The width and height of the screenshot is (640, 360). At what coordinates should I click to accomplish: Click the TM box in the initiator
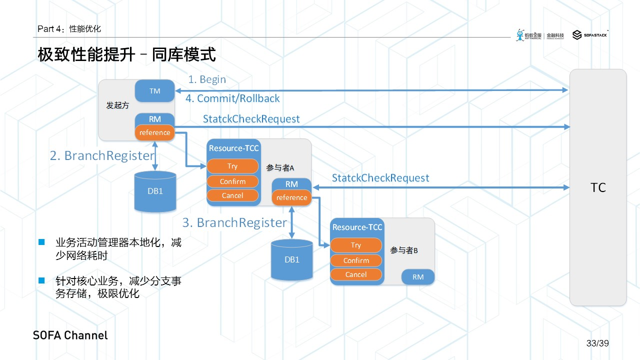point(154,91)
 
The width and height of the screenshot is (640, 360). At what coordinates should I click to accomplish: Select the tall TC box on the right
point(598,187)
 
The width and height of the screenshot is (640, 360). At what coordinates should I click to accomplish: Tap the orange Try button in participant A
point(232,166)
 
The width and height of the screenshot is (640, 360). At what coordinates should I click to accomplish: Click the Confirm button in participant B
point(356,260)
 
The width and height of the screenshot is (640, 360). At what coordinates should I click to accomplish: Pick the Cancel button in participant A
point(232,195)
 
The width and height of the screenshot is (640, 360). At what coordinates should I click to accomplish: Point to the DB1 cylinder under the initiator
point(155,191)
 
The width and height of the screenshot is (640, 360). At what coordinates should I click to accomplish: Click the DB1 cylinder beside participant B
point(291,259)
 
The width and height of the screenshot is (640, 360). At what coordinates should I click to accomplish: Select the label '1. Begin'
point(207,79)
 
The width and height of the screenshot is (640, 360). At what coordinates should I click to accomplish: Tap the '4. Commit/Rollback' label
point(232,98)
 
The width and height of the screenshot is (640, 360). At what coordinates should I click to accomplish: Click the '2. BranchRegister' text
point(102,155)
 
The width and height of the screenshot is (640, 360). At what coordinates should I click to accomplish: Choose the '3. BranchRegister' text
point(234,222)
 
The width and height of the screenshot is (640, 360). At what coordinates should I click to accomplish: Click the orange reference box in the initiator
point(154,132)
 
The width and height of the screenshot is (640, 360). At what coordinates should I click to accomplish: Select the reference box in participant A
point(291,197)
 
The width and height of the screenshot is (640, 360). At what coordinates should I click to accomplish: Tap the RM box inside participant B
point(418,277)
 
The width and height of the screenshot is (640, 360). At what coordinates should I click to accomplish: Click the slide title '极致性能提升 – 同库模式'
point(127,55)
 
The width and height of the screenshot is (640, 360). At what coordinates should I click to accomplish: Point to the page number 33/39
point(597,343)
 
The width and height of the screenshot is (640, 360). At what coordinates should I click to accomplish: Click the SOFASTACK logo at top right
point(590,35)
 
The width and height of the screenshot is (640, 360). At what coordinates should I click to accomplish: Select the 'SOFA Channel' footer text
point(70,335)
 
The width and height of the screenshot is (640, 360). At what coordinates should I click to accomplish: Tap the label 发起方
point(117,105)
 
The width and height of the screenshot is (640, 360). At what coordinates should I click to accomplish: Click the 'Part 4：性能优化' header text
point(69,29)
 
